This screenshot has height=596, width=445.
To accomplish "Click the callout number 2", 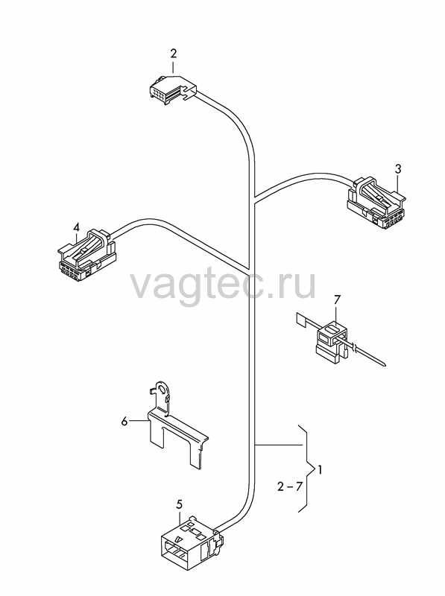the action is click(174, 53).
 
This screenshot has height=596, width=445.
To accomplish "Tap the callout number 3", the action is click(398, 169).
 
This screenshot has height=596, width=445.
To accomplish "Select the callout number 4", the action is click(77, 227).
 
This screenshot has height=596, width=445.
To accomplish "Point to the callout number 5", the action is click(180, 504).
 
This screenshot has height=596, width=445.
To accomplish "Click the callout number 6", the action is click(124, 422).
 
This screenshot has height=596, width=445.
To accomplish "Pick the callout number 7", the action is click(336, 300).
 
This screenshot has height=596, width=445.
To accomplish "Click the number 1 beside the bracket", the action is click(320, 470).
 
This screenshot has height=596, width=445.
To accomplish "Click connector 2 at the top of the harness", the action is click(172, 90).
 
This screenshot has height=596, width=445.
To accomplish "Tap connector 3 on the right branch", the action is click(376, 204).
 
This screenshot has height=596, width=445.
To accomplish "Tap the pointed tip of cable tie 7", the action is click(385, 365).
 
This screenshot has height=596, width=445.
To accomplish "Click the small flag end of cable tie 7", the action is click(301, 319).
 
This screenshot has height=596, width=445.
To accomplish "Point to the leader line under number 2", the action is click(174, 67).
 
